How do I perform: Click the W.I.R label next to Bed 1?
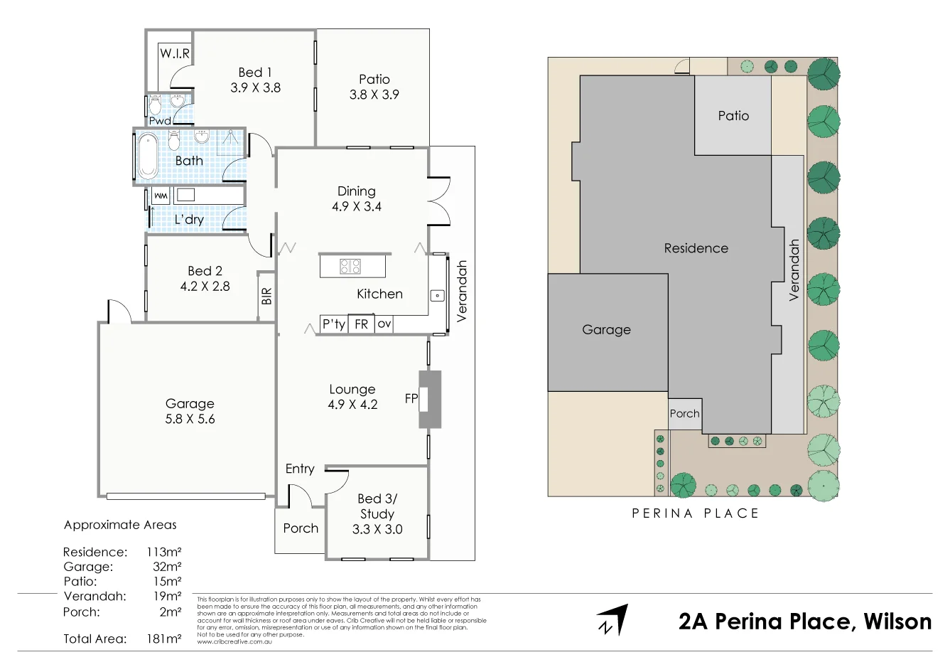175,53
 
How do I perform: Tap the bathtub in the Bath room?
148,156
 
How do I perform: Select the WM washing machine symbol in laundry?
161,196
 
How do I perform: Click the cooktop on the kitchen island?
350,267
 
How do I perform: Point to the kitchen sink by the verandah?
438,295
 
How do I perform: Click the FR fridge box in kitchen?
361,324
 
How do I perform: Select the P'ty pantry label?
333,324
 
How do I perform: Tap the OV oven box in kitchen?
384,324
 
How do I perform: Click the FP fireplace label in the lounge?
411,398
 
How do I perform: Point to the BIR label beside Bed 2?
266,296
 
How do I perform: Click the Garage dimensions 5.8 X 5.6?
190,419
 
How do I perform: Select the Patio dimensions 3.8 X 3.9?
374,95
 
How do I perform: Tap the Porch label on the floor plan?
301,528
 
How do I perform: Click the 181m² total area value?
163,639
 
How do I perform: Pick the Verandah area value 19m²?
167,596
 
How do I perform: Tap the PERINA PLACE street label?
695,513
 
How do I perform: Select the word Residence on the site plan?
696,248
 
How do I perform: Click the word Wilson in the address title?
897,622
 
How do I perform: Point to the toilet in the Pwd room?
155,105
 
